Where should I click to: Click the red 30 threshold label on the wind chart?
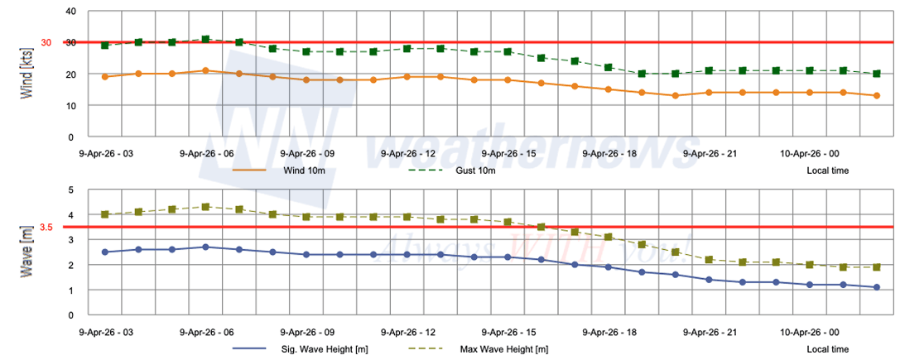pos(46,43)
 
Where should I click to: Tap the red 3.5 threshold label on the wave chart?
pos(46,227)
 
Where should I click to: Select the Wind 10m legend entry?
pos(304,170)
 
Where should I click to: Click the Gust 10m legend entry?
pos(477,170)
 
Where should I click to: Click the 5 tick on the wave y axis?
pos(72,190)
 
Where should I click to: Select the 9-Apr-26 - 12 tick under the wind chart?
pos(408,153)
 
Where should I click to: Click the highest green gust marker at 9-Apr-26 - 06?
pos(206,40)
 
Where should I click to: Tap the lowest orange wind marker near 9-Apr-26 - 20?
pos(676,96)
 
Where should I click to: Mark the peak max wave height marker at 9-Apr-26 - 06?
pos(206,207)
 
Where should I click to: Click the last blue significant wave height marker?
pos(877,287)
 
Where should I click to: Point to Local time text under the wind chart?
pos(827,170)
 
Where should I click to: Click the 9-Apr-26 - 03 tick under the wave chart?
pos(105,332)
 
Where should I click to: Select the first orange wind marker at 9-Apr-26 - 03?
pos(105,77)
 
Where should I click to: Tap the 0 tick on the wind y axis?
pos(72,137)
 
